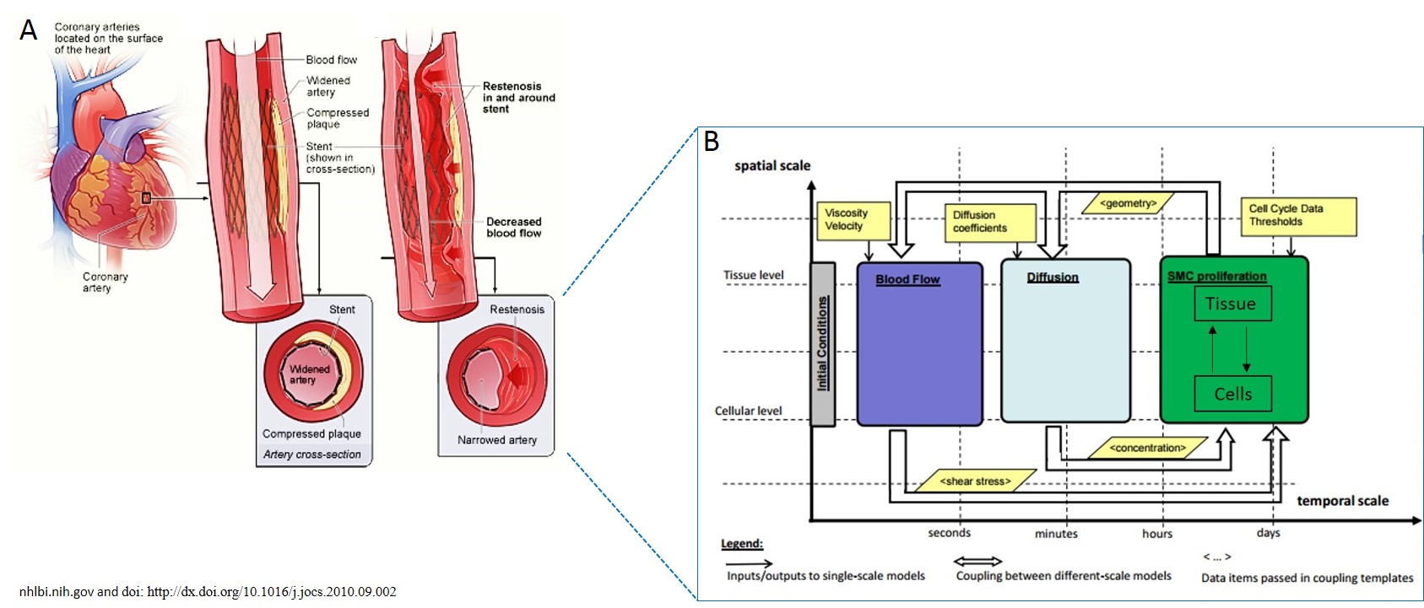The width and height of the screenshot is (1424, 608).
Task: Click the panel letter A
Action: (x=29, y=30)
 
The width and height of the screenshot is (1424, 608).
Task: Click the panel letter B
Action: (x=712, y=142)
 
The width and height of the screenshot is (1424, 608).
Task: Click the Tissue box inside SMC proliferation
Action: (x=1232, y=304)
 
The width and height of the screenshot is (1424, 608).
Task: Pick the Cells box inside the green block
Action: (x=1232, y=394)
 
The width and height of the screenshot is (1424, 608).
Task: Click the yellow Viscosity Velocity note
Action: (x=853, y=220)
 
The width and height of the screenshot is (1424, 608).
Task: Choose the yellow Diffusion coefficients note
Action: (x=992, y=222)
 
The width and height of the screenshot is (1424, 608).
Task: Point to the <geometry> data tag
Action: (x=1128, y=203)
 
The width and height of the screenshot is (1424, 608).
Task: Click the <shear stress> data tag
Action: (x=975, y=481)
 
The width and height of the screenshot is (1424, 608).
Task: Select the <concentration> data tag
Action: (x=1147, y=448)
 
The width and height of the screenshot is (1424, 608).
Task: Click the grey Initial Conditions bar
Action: (x=822, y=343)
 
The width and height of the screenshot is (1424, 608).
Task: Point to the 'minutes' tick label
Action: (x=1056, y=534)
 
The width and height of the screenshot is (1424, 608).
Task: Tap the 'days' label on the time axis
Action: (x=1268, y=533)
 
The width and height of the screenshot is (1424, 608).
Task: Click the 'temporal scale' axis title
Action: (x=1342, y=501)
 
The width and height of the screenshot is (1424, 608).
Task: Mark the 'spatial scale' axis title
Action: (x=772, y=166)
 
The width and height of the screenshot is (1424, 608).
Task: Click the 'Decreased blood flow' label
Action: (x=513, y=228)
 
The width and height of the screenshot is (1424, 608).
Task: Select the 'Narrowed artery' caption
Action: (x=496, y=440)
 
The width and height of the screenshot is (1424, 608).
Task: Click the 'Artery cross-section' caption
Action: (x=311, y=455)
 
